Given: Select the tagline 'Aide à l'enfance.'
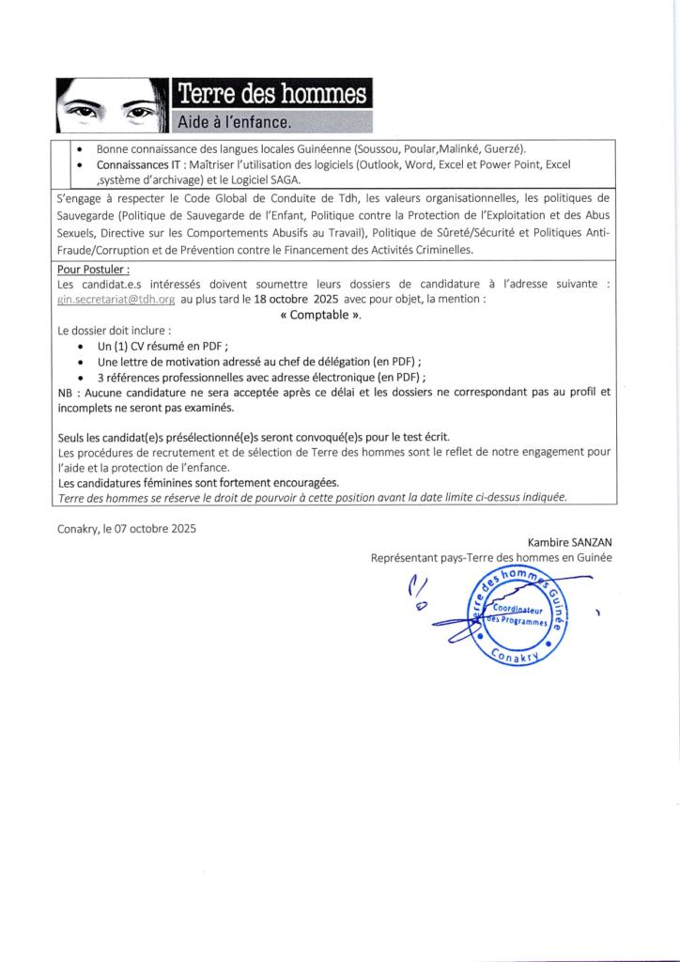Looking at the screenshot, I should [x=236, y=122].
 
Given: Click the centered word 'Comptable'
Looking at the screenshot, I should [x=320, y=315].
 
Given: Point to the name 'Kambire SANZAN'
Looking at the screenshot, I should [x=567, y=543].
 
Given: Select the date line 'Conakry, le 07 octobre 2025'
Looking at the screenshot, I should [x=127, y=528].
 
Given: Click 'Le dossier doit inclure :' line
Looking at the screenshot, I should [x=115, y=331].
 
